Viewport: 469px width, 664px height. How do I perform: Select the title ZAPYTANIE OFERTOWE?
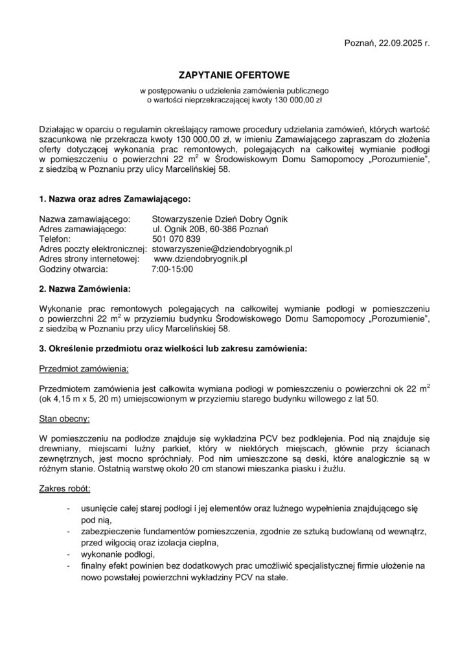pos(234,76)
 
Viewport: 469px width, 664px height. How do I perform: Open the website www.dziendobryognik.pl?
pos(201,258)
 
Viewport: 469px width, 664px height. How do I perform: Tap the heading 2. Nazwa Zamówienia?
pos(85,287)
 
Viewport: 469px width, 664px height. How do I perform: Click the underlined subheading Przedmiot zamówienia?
pos(84,368)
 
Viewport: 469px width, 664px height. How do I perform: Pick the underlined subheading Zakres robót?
pos(65,488)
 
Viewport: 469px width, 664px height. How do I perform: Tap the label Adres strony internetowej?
pos(89,258)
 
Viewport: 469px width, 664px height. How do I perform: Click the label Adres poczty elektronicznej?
pos(93,248)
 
